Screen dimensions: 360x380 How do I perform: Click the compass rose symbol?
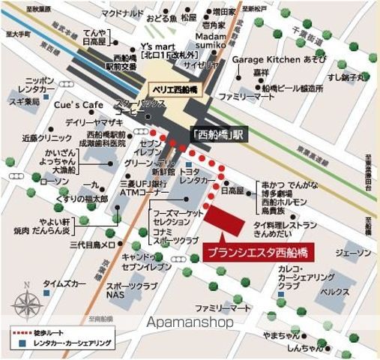point(27,305)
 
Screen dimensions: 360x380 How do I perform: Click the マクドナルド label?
point(103,13)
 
